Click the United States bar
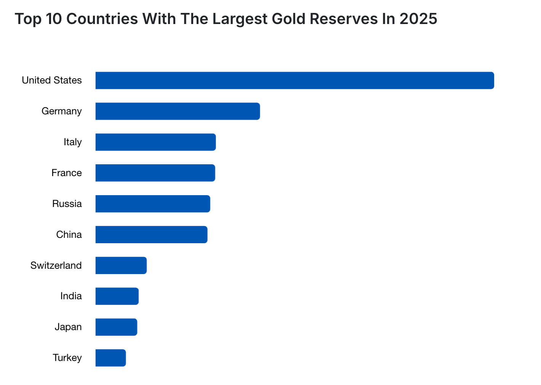[295, 80]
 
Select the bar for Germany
[178, 111]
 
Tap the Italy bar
[155, 142]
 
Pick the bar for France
[155, 173]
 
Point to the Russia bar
[152, 204]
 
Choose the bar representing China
[151, 234]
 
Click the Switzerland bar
[121, 265]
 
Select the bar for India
[117, 296]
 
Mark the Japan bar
[116, 327]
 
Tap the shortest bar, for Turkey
[110, 358]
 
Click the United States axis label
[52, 80]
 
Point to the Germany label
[62, 111]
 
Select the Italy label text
[73, 142]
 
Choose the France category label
[67, 173]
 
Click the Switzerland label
[56, 265]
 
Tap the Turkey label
[67, 358]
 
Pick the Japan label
[68, 327]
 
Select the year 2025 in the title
[418, 19]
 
